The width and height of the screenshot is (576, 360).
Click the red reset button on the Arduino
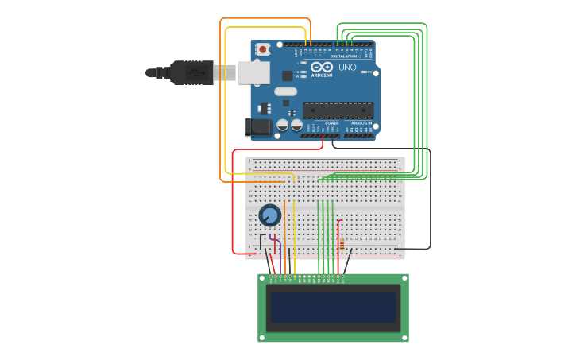pyautogui.click(x=263, y=49)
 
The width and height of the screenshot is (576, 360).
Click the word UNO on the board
pyautogui.click(x=347, y=68)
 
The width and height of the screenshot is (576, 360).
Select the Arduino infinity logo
pyautogui.click(x=321, y=68)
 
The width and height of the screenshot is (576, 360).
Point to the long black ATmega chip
pyautogui.click(x=338, y=110)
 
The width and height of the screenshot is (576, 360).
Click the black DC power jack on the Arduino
pyautogui.click(x=257, y=126)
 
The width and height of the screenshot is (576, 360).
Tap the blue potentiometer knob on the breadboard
pyautogui.click(x=270, y=215)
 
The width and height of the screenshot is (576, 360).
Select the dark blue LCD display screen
pyautogui.click(x=333, y=308)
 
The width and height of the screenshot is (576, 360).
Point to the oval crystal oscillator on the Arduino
pyautogui.click(x=287, y=91)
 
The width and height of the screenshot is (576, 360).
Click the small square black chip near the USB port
pyautogui.click(x=287, y=75)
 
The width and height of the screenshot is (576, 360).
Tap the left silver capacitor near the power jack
pyautogui.click(x=283, y=126)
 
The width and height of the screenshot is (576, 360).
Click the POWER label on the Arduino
pyautogui.click(x=331, y=123)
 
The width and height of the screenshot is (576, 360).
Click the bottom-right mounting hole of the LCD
pyautogui.click(x=404, y=337)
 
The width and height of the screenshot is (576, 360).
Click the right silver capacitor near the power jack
pyautogui.click(x=296, y=126)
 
